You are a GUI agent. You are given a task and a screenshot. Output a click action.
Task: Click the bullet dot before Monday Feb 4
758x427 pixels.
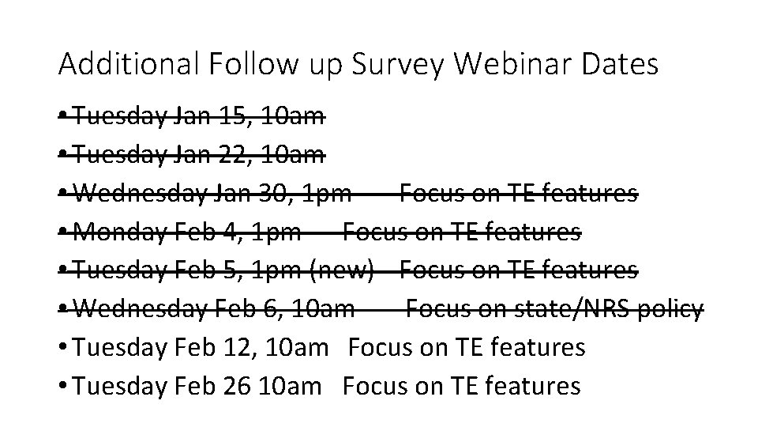click(x=63, y=232)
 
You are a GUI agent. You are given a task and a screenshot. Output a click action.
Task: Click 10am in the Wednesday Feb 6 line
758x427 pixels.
click(x=322, y=309)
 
